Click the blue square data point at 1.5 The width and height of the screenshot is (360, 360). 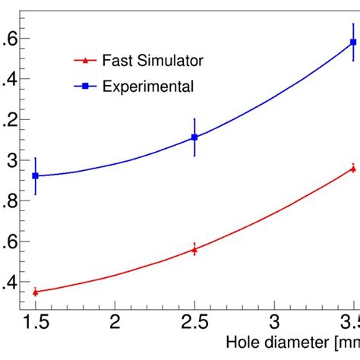tap(35, 175)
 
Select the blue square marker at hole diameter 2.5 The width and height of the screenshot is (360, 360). tap(195, 137)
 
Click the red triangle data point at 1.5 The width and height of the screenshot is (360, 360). tap(35, 292)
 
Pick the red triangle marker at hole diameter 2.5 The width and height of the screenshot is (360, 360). tap(195, 249)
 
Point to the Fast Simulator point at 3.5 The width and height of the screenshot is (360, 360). tap(353, 168)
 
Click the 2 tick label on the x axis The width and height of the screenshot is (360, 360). tap(115, 323)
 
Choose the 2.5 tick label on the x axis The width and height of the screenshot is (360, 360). tap(195, 323)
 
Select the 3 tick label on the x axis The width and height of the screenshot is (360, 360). tap(275, 323)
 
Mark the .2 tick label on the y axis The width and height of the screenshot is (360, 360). tap(9, 120)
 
